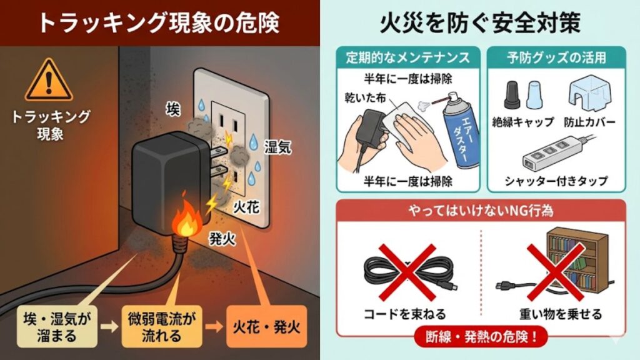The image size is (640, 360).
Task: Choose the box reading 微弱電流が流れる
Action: (162, 326)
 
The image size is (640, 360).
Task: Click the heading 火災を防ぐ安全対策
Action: (480, 23)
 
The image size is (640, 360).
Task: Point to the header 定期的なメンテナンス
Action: (408, 57)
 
